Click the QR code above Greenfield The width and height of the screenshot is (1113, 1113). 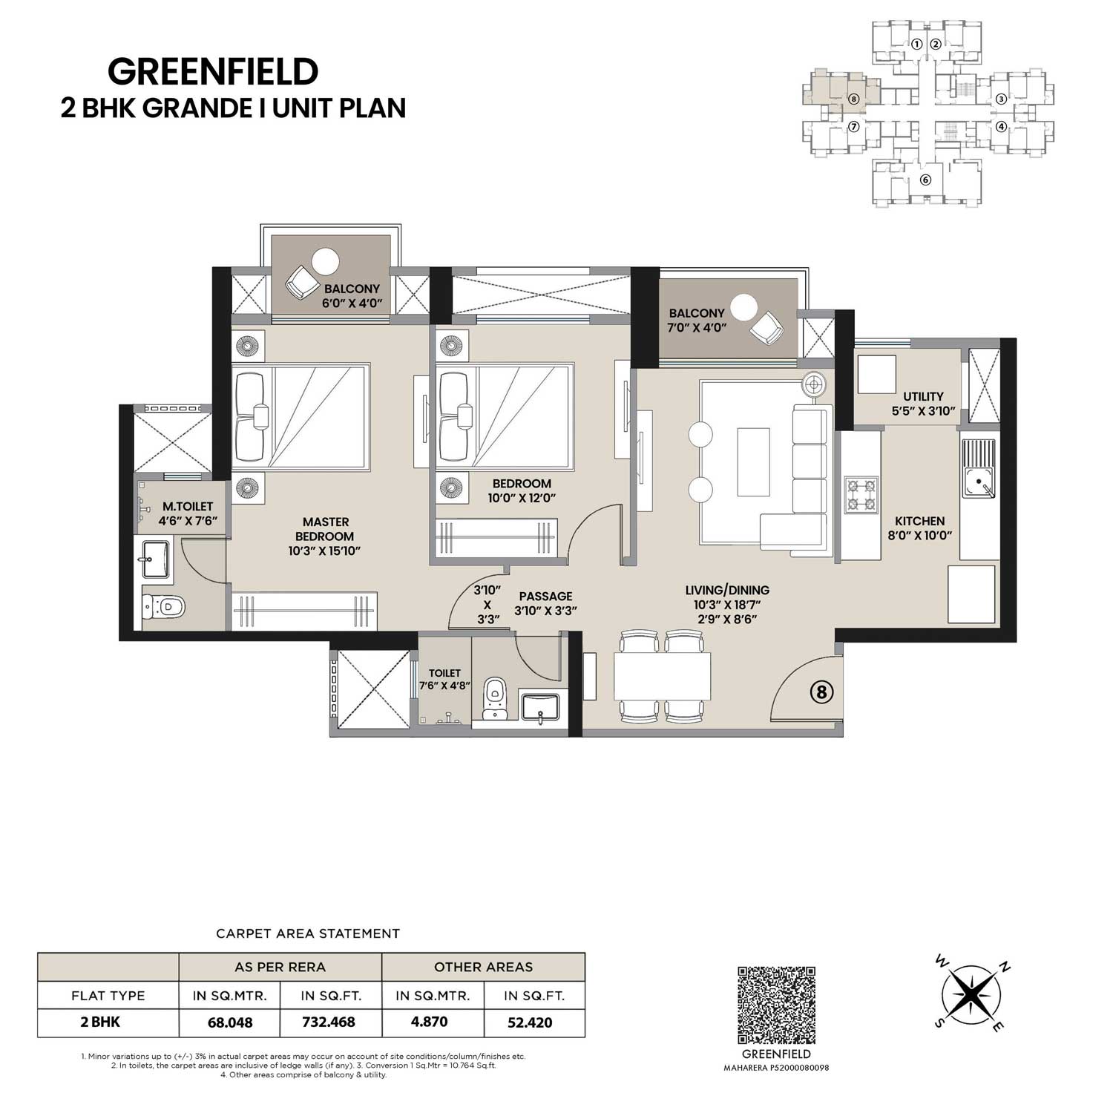click(x=776, y=1005)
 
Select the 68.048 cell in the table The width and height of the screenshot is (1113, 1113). click(x=230, y=1022)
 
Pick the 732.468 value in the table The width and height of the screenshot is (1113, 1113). click(x=331, y=1022)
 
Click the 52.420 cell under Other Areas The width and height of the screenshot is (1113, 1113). click(x=530, y=1022)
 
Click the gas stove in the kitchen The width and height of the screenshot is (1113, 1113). click(x=860, y=495)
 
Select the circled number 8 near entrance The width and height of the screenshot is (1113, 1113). click(x=821, y=693)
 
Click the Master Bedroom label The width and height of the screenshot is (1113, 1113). click(x=326, y=536)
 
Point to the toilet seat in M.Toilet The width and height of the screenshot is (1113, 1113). click(x=163, y=606)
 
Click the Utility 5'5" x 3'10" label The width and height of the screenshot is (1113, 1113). click(x=923, y=403)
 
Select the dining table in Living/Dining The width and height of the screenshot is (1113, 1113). click(x=663, y=676)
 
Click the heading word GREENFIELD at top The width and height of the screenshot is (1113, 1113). click(x=213, y=72)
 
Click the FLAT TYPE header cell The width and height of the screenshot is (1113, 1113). click(x=108, y=995)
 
